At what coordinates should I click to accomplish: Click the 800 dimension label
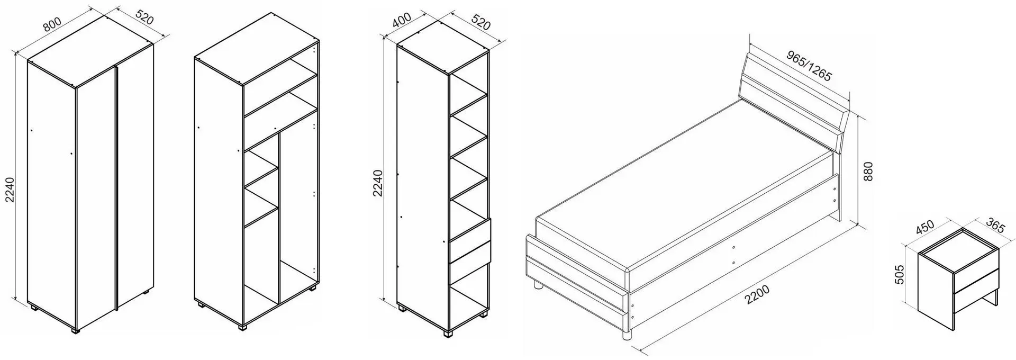click(53, 25)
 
